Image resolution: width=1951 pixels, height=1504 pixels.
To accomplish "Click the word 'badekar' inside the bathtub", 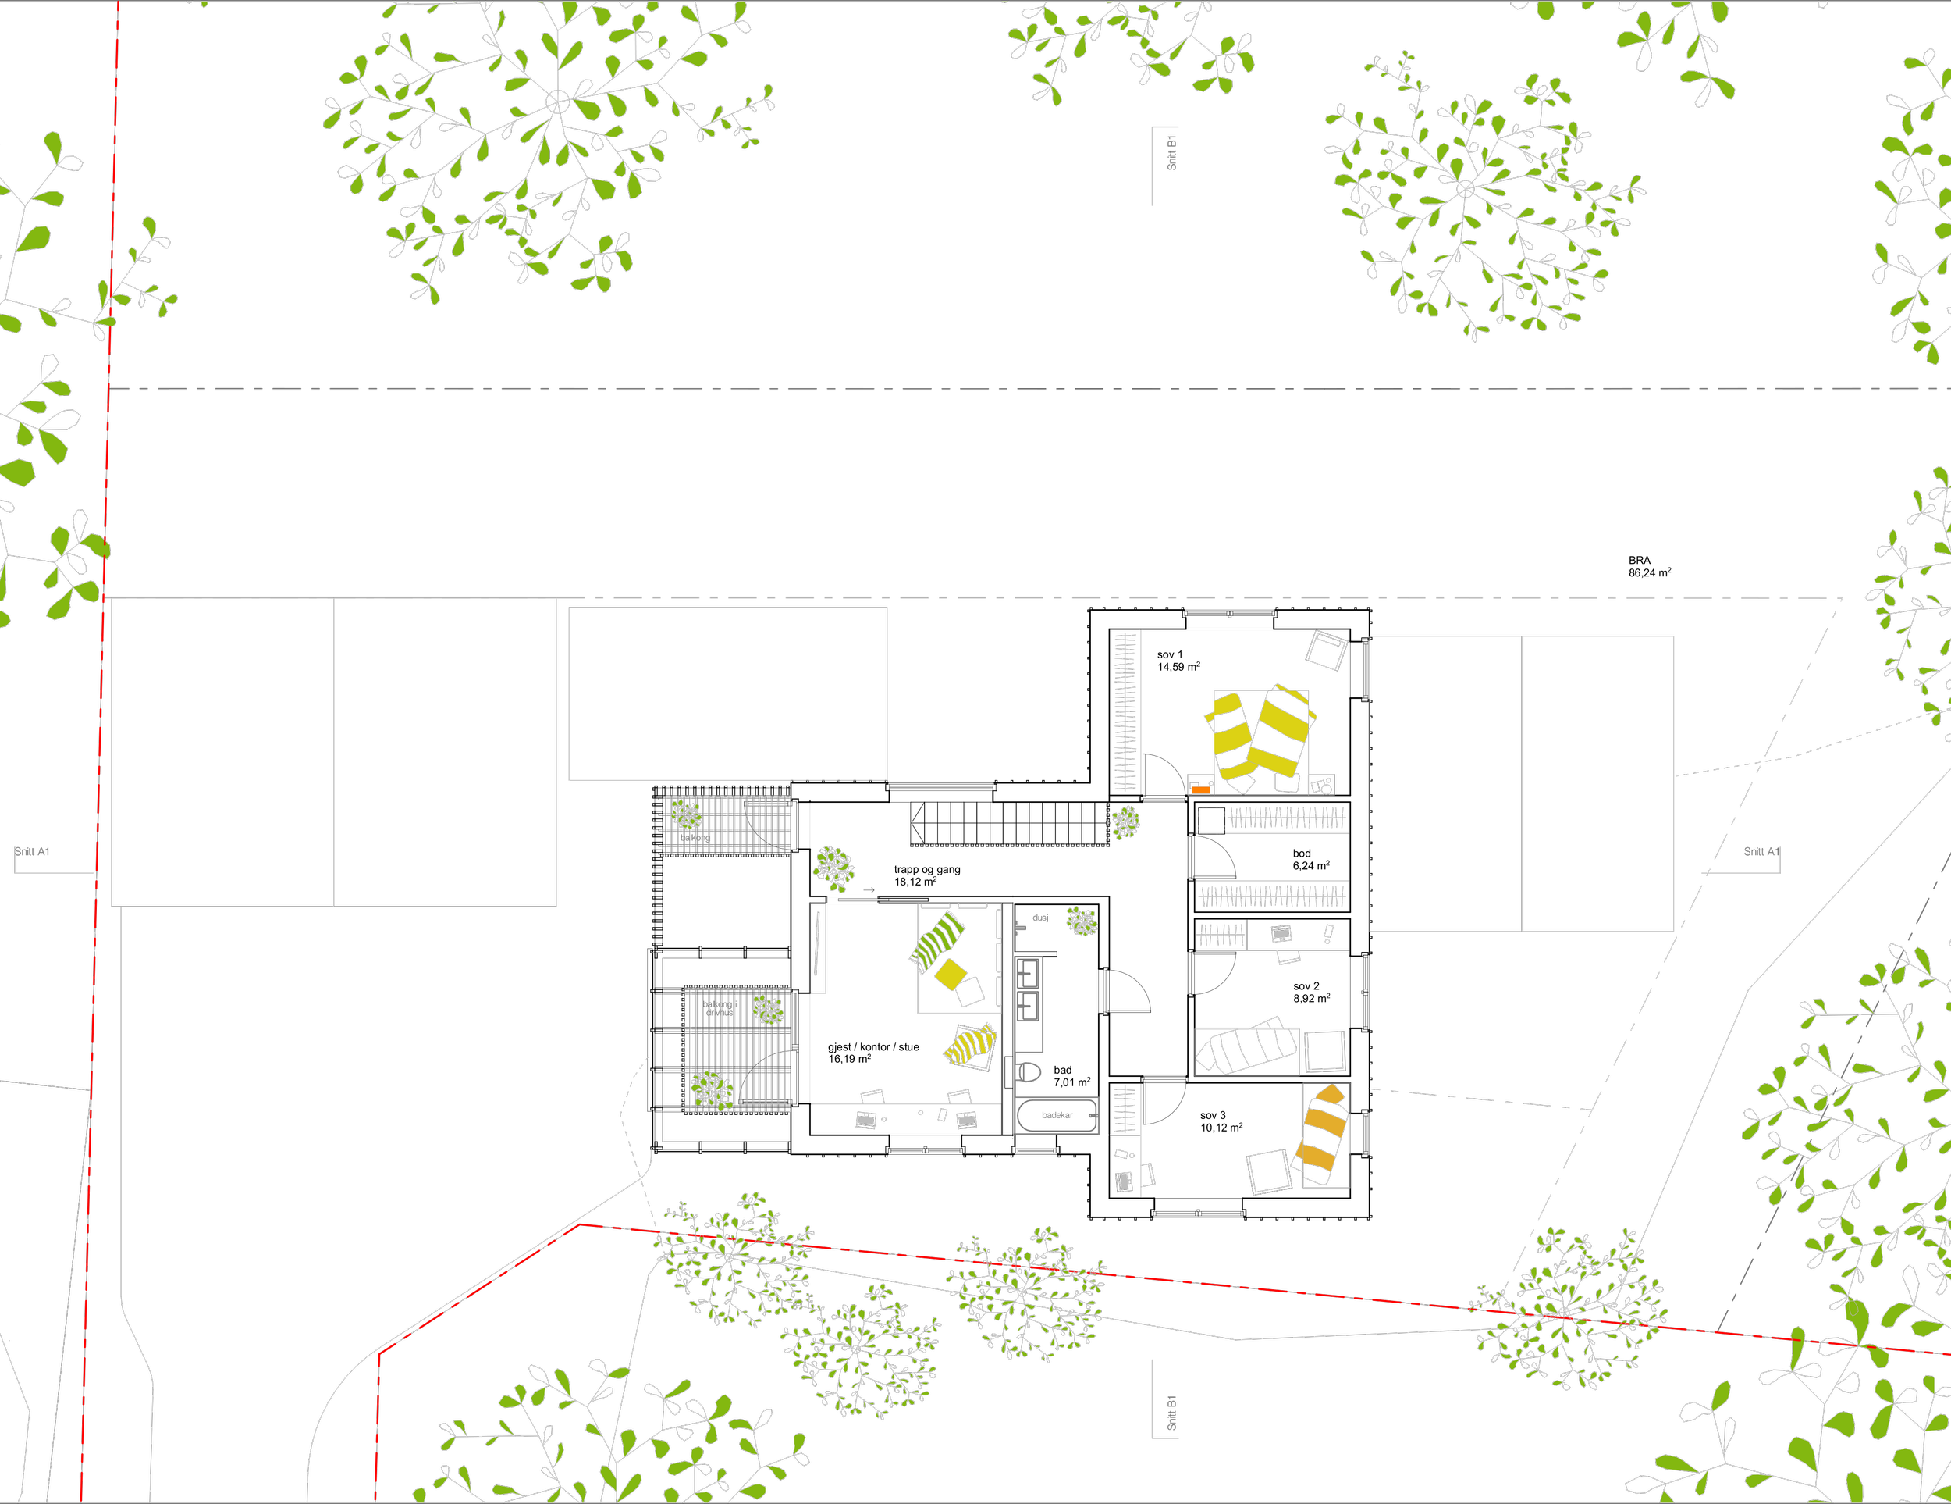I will [x=1057, y=1115].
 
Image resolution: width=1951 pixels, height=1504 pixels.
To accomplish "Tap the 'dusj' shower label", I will [x=1039, y=918].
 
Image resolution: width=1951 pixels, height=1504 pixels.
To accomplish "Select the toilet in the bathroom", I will [x=1026, y=1071].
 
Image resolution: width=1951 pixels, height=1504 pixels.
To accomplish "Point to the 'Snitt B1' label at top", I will [x=1171, y=153].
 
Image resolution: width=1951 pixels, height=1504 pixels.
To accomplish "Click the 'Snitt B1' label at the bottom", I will [x=1171, y=1413].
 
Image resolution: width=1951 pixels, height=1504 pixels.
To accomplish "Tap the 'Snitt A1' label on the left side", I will [x=33, y=852].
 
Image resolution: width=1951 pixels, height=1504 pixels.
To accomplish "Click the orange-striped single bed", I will [x=1324, y=1133].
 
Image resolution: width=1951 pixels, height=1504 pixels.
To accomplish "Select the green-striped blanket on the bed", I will [x=936, y=941].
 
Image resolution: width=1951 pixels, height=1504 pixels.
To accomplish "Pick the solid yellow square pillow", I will [x=951, y=973].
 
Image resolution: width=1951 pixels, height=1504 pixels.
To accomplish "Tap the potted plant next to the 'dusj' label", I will [x=1082, y=921].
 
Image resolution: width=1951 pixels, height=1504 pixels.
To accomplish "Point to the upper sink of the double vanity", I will [x=1029, y=972].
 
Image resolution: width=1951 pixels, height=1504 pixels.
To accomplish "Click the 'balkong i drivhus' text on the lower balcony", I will [x=718, y=1009].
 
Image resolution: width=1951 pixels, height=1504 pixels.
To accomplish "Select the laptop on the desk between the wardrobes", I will [x=1281, y=934].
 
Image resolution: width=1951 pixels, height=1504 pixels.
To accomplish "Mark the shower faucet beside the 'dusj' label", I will [x=1018, y=927].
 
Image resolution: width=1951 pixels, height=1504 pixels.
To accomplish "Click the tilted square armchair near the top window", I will [x=1326, y=650].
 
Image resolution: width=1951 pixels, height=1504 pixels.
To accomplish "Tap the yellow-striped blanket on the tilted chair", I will [x=971, y=1045].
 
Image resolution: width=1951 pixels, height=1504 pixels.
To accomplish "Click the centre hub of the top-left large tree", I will [x=557, y=101].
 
